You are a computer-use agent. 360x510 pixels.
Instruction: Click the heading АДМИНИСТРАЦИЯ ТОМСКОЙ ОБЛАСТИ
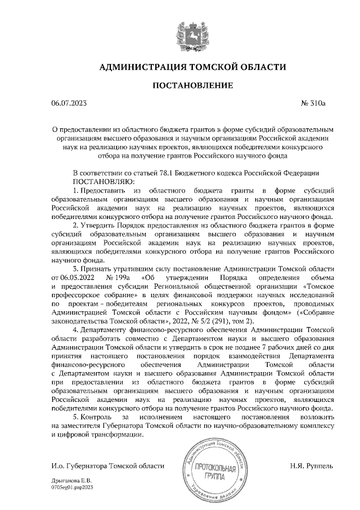coord(192,68)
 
